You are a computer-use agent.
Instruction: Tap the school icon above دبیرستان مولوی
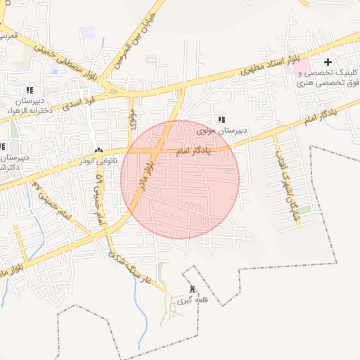222,120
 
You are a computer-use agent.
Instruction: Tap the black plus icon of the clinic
328,63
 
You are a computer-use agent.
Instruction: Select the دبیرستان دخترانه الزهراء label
28,106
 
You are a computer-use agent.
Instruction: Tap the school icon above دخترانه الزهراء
30,90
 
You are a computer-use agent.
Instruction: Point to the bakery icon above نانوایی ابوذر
98,150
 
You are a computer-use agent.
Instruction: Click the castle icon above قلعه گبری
193,289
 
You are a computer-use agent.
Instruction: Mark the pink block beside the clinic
301,68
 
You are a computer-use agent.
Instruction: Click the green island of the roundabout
113,91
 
